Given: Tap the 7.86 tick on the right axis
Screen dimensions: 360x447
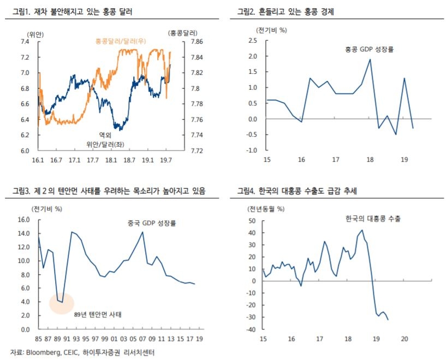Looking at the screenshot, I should point(198,42).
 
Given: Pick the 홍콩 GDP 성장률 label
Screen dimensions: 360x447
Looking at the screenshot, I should point(369,49).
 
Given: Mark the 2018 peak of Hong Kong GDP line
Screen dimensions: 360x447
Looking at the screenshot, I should point(370,60).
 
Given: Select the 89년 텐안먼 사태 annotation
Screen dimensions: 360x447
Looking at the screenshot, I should point(98,315).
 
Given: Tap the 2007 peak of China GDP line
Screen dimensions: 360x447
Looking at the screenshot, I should point(142,232).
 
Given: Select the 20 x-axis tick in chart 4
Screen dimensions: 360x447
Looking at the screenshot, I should point(404,339).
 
